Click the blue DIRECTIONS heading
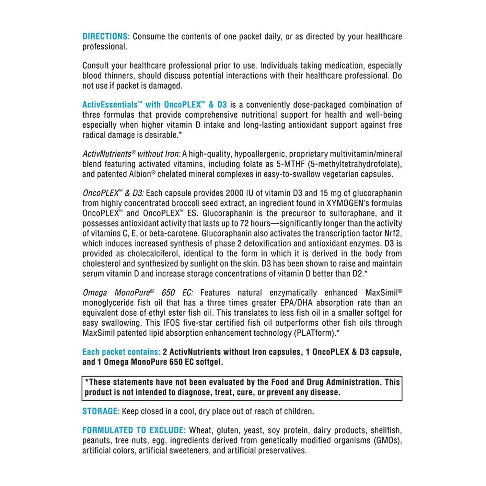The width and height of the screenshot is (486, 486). (x=106, y=37)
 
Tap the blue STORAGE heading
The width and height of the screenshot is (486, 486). (x=101, y=411)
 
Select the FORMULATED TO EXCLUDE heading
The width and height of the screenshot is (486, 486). (x=134, y=430)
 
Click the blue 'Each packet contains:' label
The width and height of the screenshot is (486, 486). (x=121, y=352)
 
